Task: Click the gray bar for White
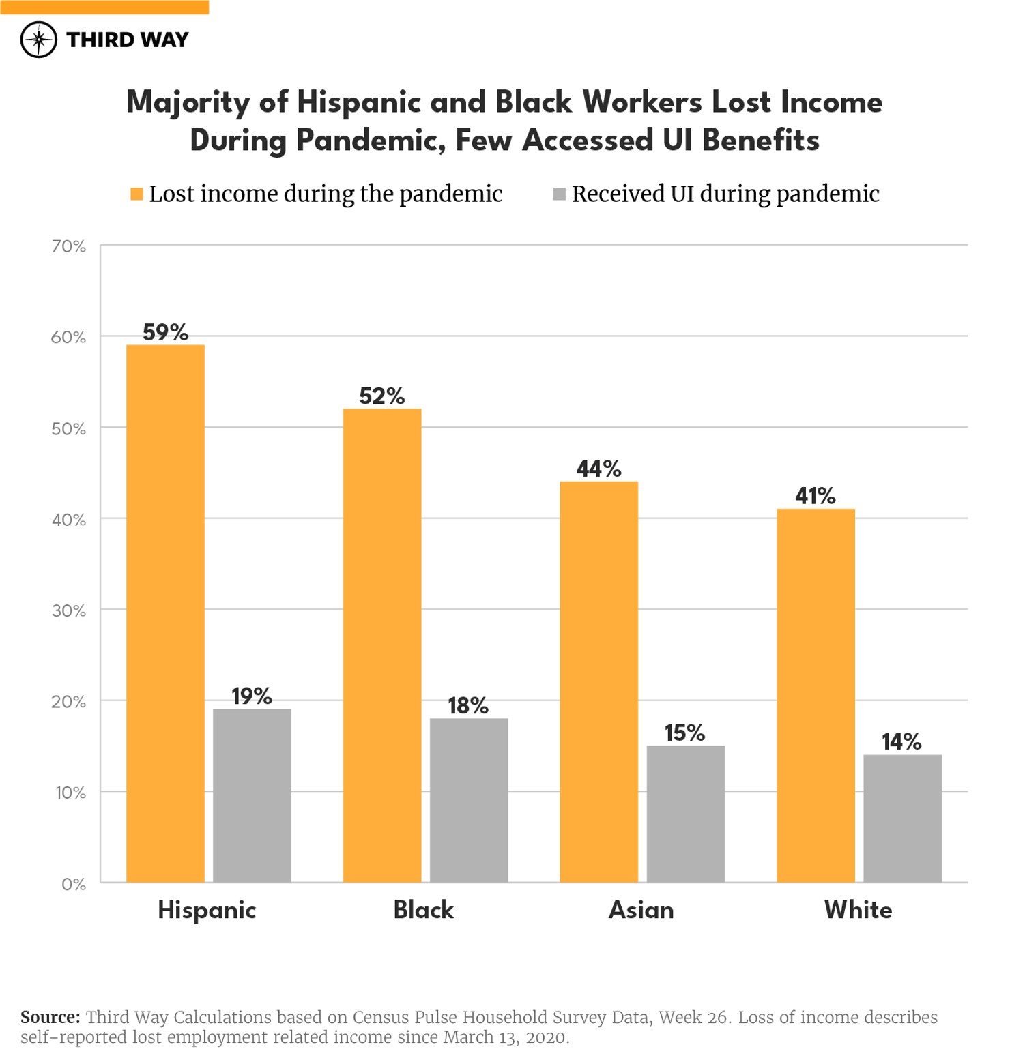click(902, 818)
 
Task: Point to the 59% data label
click(165, 332)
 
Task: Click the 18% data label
click(468, 705)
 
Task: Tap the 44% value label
click(598, 469)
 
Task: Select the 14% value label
click(901, 741)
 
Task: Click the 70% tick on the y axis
click(69, 246)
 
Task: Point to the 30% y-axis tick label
click(69, 610)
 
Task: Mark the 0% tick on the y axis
click(74, 884)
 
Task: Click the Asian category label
click(641, 910)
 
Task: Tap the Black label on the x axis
click(423, 910)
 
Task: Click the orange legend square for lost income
click(136, 194)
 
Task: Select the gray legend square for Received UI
click(559, 194)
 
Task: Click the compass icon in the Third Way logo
click(39, 40)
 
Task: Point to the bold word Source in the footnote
click(50, 1017)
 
